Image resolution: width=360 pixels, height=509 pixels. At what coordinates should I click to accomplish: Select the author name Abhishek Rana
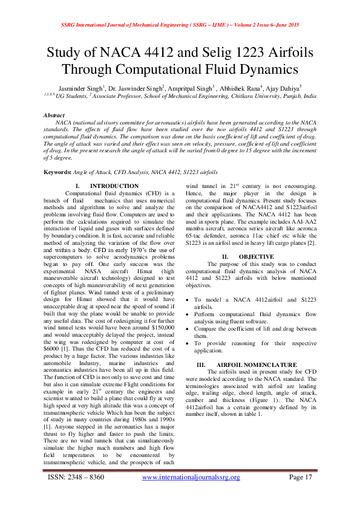pyautogui.click(x=238, y=87)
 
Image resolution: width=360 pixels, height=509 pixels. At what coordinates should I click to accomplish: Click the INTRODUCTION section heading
pyautogui.click(x=114, y=186)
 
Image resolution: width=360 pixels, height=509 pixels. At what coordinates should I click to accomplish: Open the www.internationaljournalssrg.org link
pyautogui.click(x=191, y=477)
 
